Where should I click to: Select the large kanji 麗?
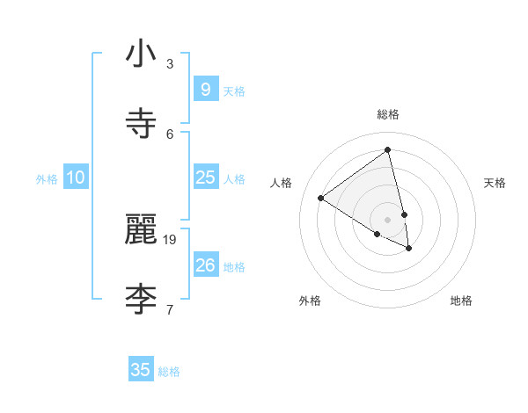(142, 229)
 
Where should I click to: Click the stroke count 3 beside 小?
(170, 63)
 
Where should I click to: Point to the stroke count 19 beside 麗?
(170, 239)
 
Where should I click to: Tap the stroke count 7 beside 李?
(170, 309)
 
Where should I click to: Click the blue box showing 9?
(205, 90)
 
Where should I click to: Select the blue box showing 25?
(205, 178)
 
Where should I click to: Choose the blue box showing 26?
(205, 265)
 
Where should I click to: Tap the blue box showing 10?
(75, 178)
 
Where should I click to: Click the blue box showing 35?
(141, 370)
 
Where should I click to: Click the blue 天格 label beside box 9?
(234, 91)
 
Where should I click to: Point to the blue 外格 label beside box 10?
(47, 178)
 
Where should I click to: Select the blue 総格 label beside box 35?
(169, 371)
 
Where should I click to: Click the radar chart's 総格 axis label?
(388, 114)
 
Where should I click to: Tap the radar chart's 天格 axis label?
(495, 183)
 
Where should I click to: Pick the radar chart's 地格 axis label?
(461, 301)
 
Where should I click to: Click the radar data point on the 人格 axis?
(320, 198)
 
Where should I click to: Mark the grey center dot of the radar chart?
(388, 219)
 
